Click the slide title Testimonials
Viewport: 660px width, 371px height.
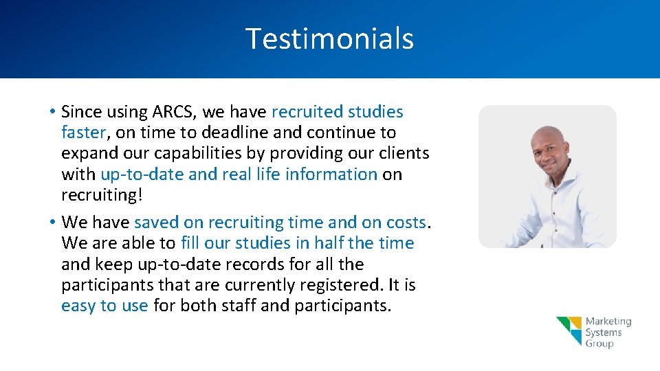tap(329, 38)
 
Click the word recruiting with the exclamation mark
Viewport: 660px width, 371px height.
tap(102, 195)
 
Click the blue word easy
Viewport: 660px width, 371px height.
tap(79, 306)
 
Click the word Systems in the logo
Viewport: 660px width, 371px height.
tap(604, 333)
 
